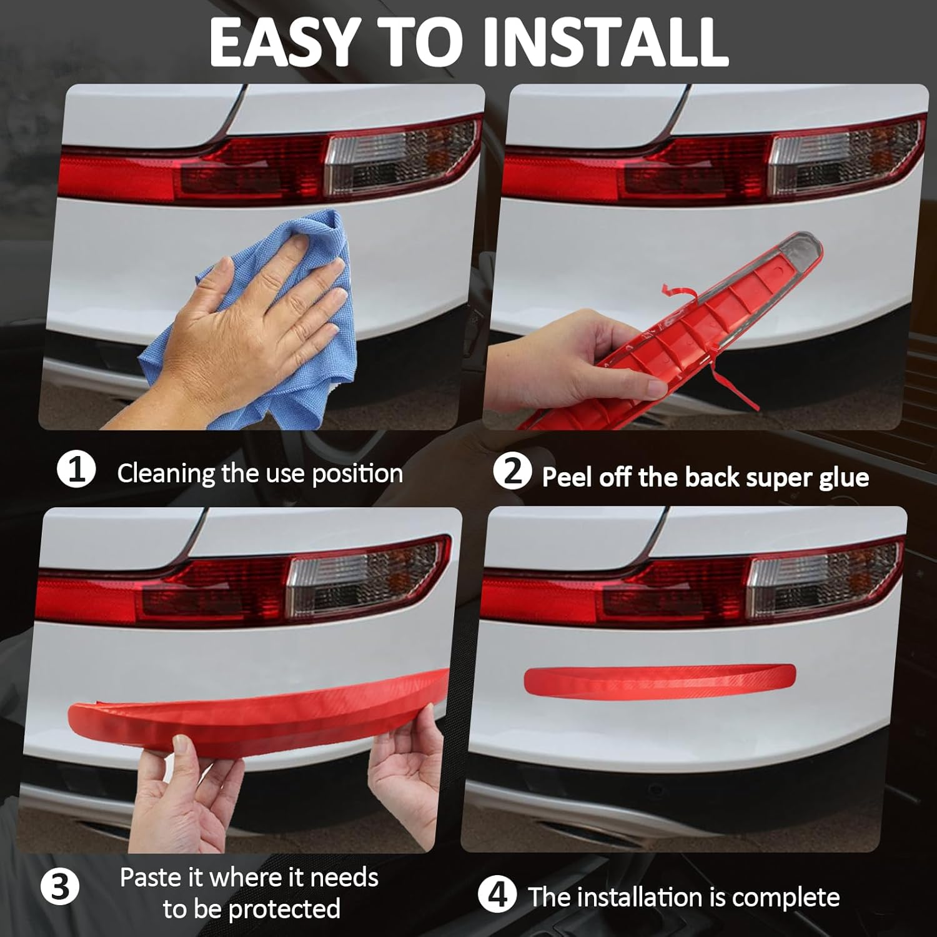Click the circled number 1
pos(76,470)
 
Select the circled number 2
pos(512,472)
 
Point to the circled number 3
pos(60,888)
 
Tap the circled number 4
pos(497,895)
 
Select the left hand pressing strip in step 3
pos(181,800)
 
